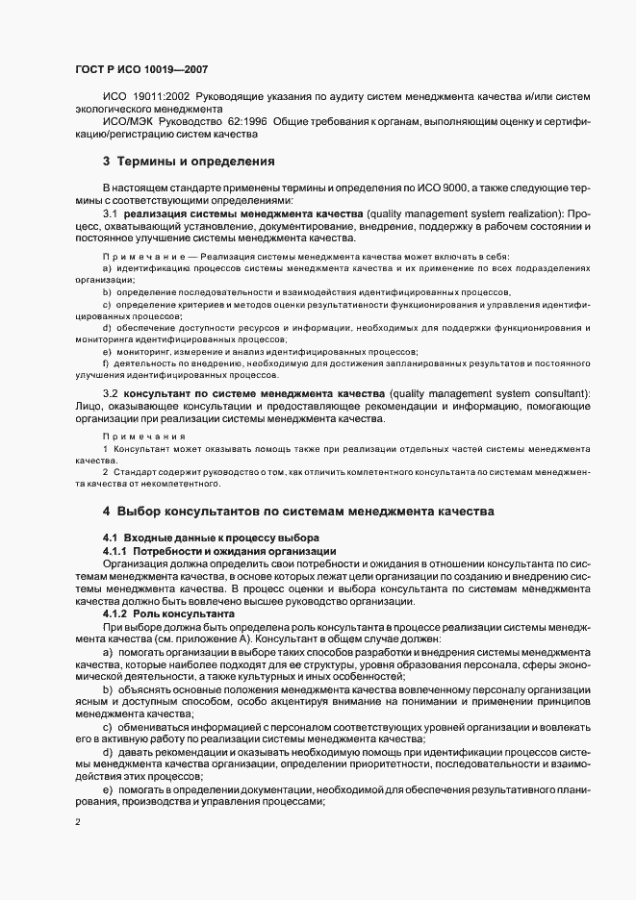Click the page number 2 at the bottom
(79, 823)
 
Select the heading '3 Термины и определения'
(176, 161)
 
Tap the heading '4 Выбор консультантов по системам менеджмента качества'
(298, 511)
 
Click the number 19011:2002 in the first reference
(164, 97)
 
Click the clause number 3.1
(110, 212)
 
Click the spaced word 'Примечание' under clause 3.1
(142, 256)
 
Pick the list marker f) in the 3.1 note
(106, 363)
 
